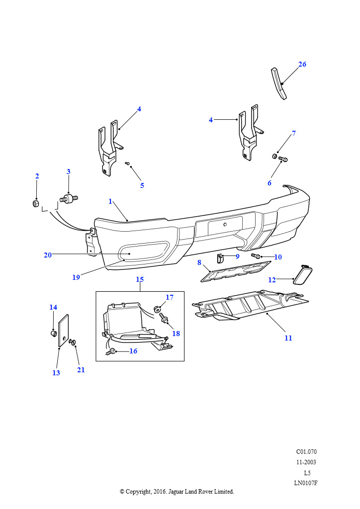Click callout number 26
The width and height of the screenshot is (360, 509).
[302, 64]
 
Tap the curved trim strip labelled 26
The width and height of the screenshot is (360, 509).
[279, 83]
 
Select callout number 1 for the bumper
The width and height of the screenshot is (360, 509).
[110, 201]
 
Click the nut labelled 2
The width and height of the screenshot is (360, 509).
[36, 203]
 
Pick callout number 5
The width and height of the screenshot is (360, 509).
[142, 185]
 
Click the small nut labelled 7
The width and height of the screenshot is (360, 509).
[274, 157]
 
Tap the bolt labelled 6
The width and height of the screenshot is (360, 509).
[283, 159]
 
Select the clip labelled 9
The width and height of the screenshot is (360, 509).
[220, 258]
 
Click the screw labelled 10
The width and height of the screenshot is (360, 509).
[256, 256]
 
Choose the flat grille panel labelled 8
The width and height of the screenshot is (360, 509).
[236, 271]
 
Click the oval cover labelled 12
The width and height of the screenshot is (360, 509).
[303, 274]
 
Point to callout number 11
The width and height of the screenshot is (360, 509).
[288, 338]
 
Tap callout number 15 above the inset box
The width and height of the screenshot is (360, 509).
[140, 279]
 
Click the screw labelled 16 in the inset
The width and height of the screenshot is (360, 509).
[112, 351]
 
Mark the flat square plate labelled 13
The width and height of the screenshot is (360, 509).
[64, 330]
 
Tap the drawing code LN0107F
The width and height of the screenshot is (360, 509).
[306, 483]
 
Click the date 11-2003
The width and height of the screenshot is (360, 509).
[306, 462]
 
